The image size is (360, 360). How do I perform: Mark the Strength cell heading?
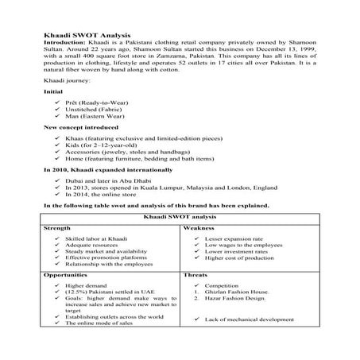[57, 227]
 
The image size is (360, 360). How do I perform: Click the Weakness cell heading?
[198, 227]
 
